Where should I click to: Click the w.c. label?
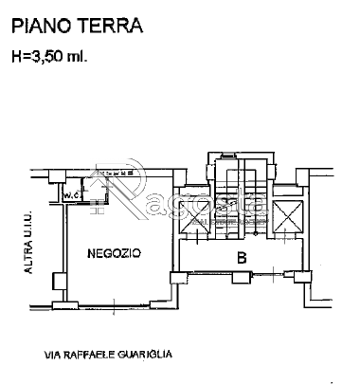[x=71, y=195]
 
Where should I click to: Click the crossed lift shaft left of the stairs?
[x=192, y=219]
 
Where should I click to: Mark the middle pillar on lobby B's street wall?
[x=241, y=277]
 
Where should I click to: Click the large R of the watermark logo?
[x=133, y=194]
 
